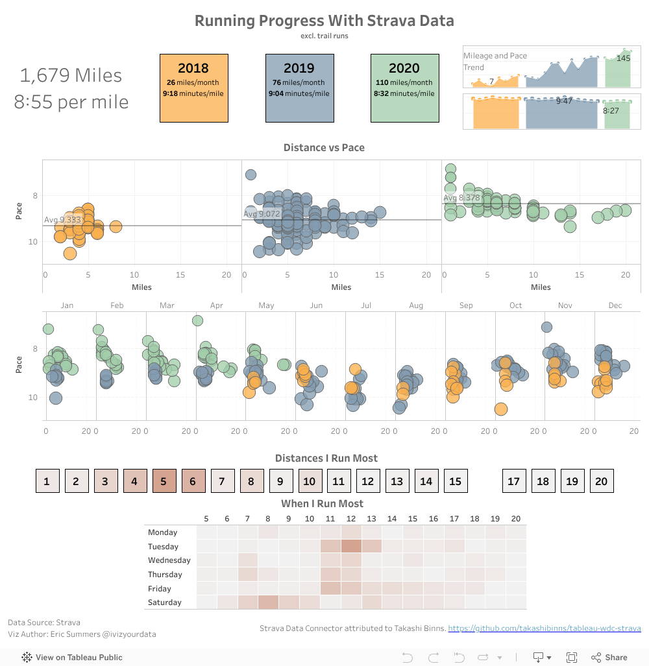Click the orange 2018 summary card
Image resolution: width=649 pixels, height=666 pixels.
[193, 88]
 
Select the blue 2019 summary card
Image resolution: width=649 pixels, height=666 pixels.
[299, 88]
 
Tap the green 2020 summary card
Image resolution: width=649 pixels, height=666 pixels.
[404, 88]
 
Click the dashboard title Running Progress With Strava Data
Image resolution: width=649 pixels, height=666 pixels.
[324, 21]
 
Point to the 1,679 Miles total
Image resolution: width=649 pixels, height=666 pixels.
[71, 75]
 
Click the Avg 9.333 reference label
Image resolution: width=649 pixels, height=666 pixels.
[62, 220]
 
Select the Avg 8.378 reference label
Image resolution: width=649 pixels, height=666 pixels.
[461, 198]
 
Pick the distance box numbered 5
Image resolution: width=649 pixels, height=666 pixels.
[164, 481]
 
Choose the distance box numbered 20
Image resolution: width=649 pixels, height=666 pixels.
[601, 481]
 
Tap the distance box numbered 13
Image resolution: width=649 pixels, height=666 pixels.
[397, 481]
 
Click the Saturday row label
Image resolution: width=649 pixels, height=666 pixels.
[164, 602]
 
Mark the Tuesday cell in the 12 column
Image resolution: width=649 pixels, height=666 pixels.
[351, 547]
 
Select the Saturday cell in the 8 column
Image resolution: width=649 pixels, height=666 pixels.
[268, 602]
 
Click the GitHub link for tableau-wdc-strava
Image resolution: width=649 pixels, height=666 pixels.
[544, 628]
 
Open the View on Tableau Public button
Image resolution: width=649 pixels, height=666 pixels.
[72, 657]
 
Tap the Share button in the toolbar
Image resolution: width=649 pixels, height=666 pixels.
[610, 657]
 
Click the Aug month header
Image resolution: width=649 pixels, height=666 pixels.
[416, 305]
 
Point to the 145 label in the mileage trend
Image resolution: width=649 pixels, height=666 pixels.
[623, 58]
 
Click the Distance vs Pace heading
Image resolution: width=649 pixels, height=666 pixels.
[324, 148]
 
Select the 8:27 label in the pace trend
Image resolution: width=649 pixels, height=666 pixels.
[611, 111]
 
